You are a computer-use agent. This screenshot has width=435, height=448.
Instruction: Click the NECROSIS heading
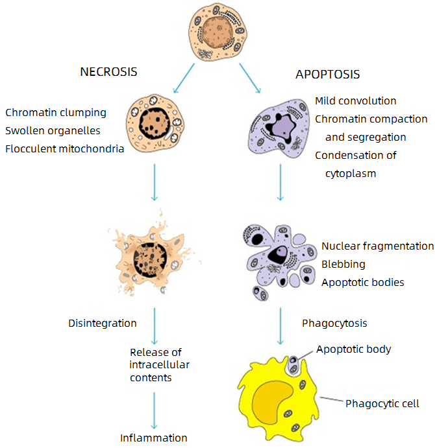[108, 71]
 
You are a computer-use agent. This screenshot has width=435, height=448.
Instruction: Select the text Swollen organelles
[53, 131]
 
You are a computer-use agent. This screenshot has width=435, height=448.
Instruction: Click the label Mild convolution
[355, 101]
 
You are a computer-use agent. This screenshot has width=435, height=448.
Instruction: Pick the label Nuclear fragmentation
[377, 246]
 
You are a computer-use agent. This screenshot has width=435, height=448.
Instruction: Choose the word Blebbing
[343, 265]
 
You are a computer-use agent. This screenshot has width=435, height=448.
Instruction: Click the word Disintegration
[103, 323]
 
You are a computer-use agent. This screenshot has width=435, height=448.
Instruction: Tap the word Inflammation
[154, 438]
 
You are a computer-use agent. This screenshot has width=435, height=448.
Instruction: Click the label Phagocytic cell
[382, 404]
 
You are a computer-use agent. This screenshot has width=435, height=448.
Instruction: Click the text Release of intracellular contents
[160, 365]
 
